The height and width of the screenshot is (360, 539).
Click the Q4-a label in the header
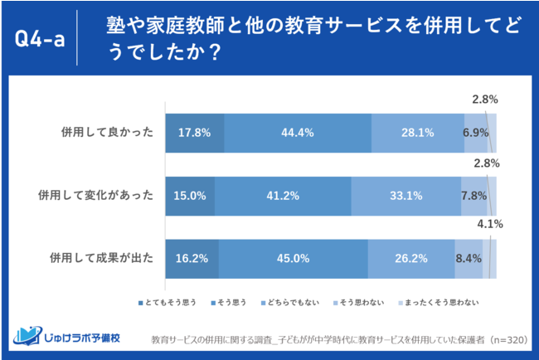click(41, 38)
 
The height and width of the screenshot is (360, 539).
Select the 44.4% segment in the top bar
click(298, 132)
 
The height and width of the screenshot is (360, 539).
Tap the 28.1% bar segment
click(417, 132)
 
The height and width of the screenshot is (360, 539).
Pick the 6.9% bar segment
click(475, 132)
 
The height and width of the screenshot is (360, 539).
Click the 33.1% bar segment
click(406, 196)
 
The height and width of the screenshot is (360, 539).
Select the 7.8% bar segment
click(473, 196)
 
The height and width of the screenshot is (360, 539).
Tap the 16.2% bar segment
click(192, 258)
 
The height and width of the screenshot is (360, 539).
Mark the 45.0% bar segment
click(294, 258)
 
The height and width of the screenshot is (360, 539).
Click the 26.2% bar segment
click(411, 258)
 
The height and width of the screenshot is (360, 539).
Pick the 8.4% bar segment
click(469, 258)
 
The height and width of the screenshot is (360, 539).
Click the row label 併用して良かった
click(106, 132)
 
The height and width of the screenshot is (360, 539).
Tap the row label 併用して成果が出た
click(101, 258)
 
